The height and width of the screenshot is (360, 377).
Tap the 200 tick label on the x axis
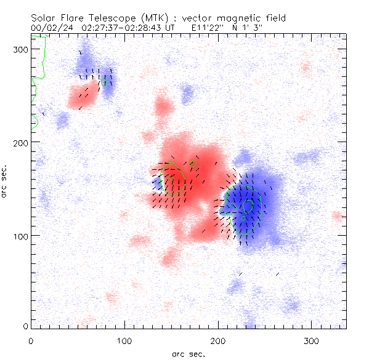coord(217,340)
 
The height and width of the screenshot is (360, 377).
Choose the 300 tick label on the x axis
coord(311,340)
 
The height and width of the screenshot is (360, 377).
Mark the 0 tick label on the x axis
coord(31,340)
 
